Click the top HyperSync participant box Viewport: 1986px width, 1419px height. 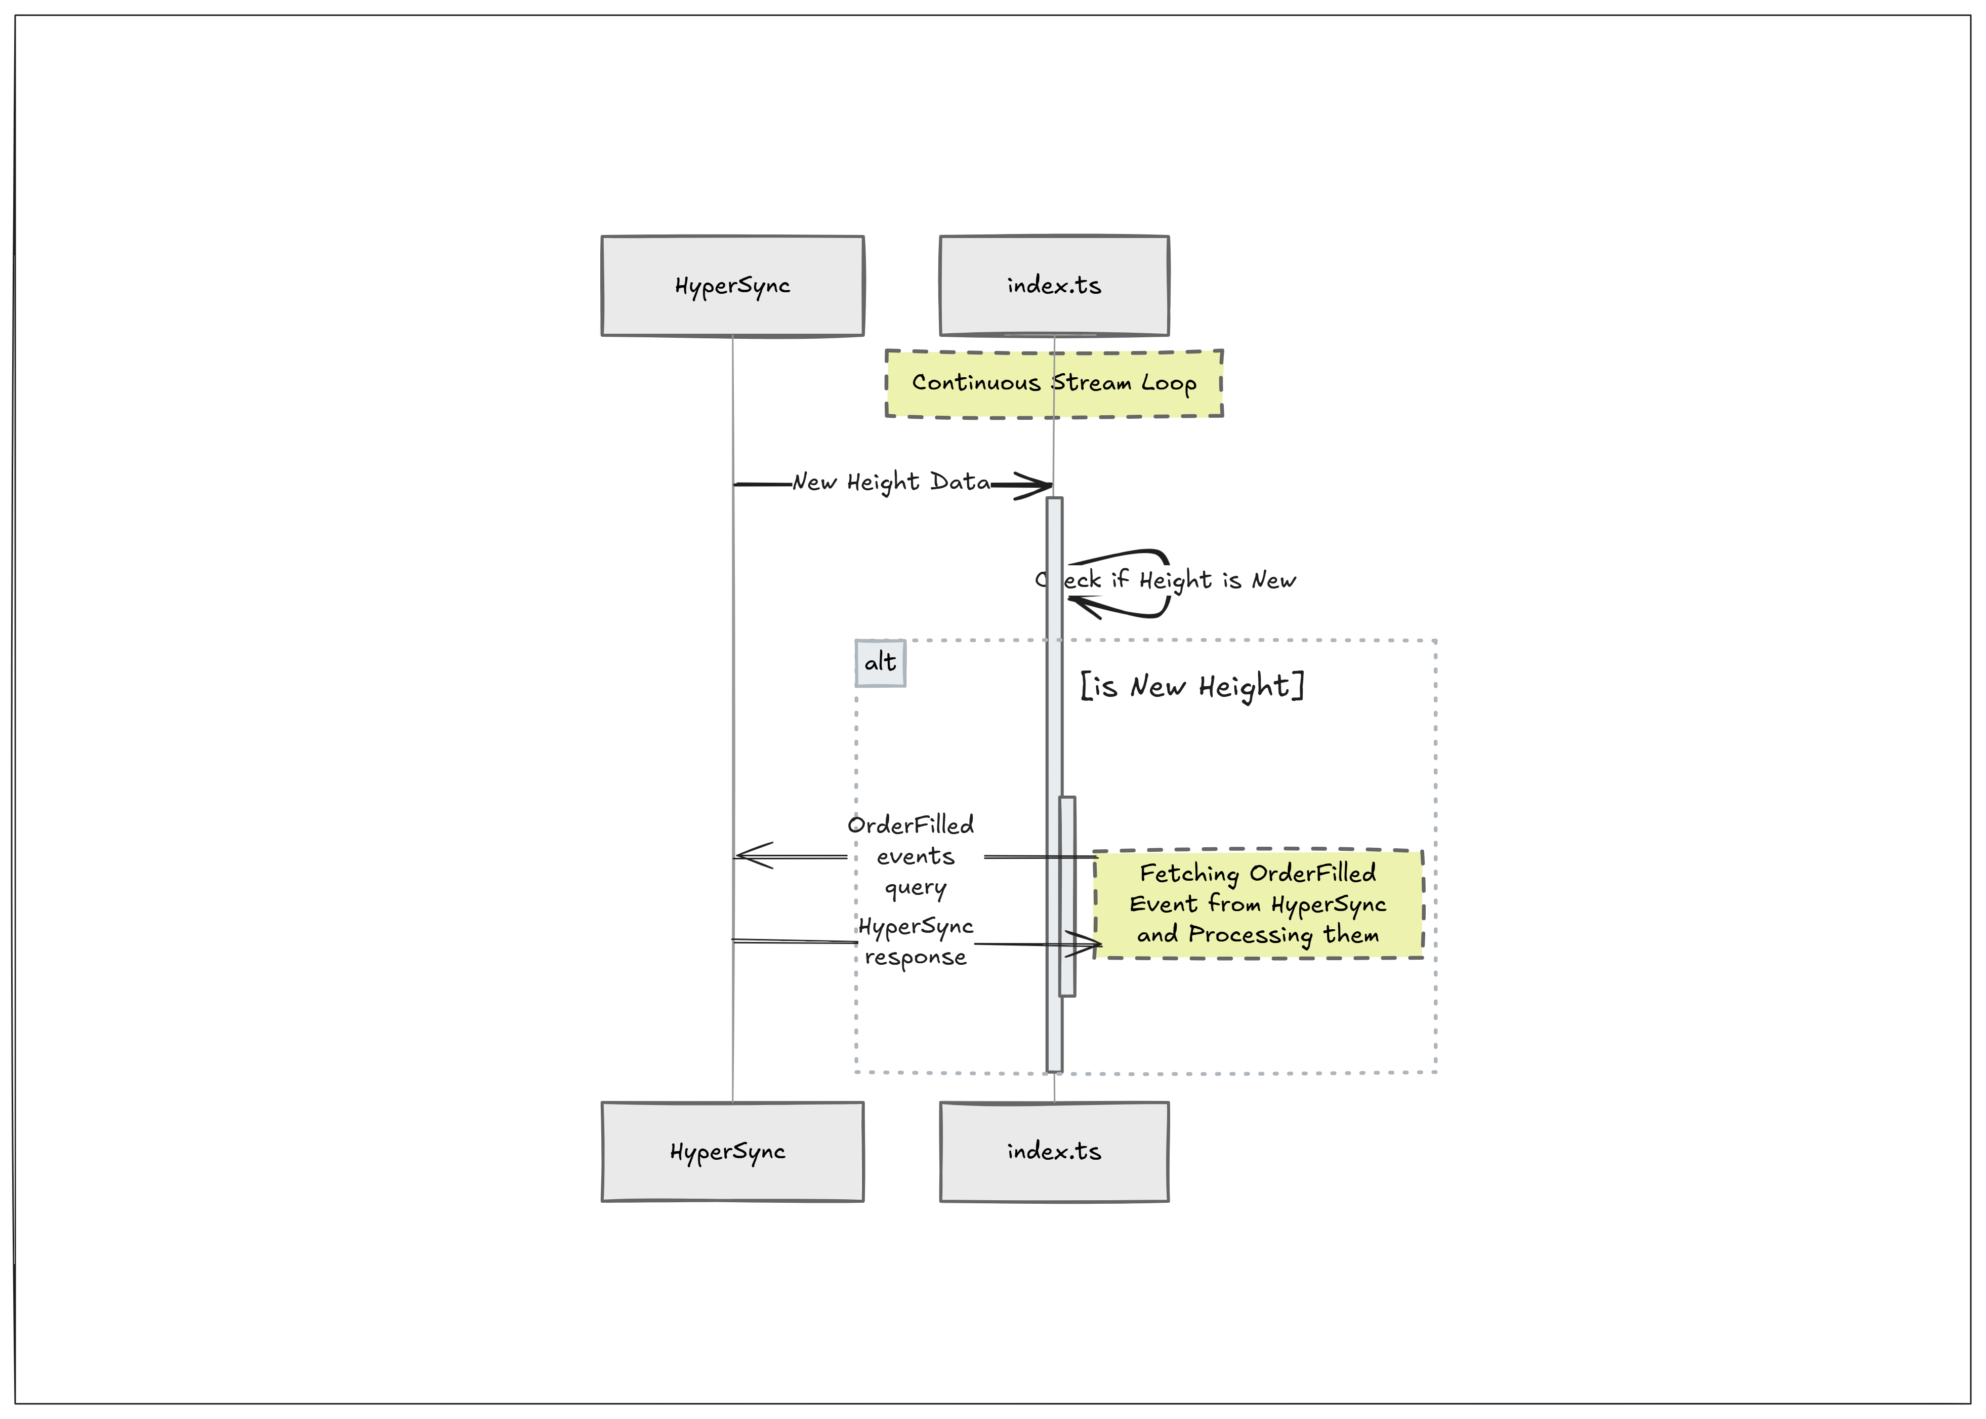732,286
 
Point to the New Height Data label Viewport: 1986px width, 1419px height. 891,482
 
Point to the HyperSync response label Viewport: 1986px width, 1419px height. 915,941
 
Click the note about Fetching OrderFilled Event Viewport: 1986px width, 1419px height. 1258,903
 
